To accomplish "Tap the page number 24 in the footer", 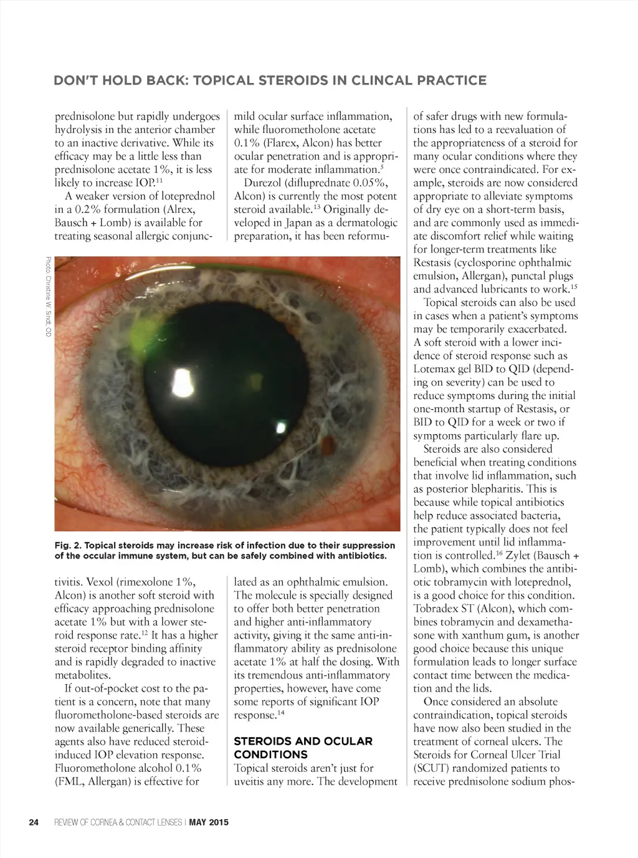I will coord(34,822).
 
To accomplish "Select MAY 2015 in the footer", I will coord(209,822).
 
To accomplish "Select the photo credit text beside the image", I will coord(47,297).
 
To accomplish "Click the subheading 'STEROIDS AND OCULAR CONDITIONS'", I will coord(303,748).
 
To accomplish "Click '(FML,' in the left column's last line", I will coord(69,781).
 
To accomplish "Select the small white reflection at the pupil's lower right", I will coord(282,428).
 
